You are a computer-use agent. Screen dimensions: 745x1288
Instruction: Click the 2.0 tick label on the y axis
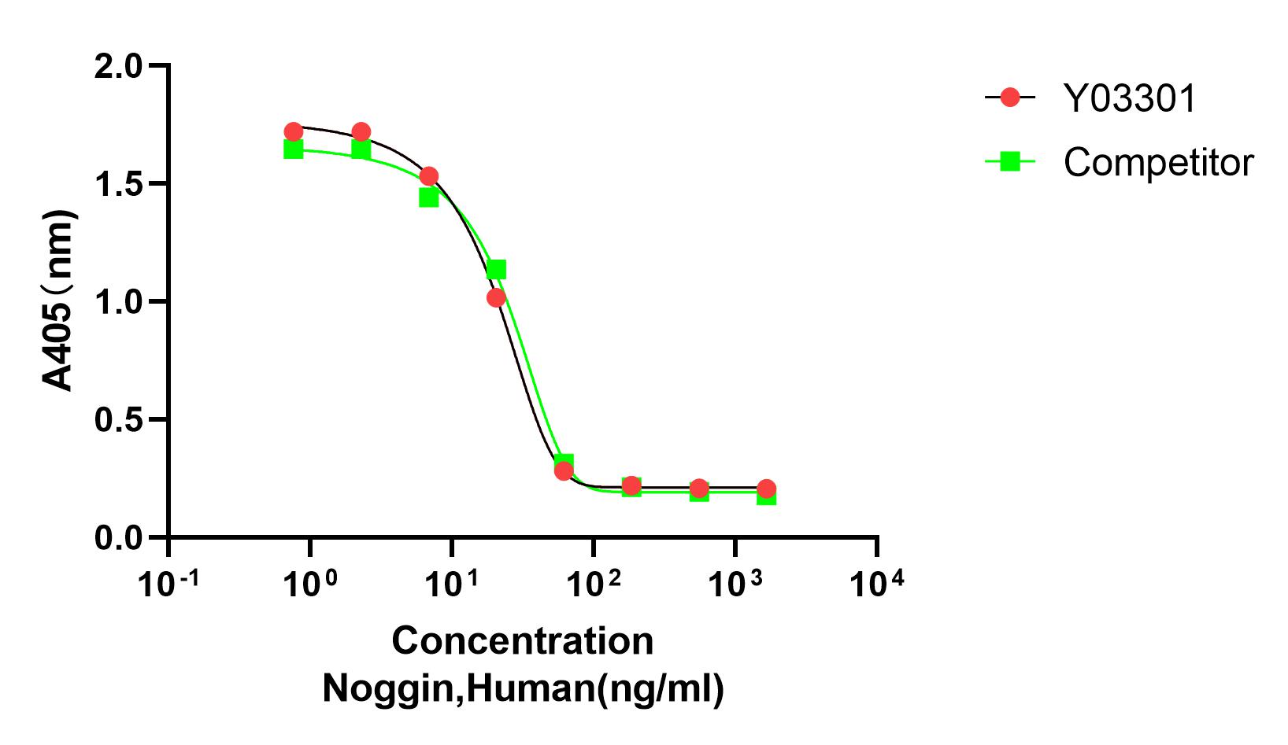tap(117, 66)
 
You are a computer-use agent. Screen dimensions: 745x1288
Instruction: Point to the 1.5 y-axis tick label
tap(117, 184)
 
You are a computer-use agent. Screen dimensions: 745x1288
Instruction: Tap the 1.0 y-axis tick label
tap(117, 302)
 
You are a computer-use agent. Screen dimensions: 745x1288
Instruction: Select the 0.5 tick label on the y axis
tap(117, 420)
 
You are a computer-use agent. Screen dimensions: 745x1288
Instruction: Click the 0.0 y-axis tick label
tap(117, 539)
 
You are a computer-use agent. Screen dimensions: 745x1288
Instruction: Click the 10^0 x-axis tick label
tap(309, 585)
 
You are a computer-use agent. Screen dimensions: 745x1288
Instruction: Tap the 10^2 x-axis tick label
tap(593, 585)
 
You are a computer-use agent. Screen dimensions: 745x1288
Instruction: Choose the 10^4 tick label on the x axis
tap(876, 585)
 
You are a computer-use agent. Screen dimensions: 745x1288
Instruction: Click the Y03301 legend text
tap(1130, 99)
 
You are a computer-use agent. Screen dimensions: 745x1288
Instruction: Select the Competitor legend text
tap(1158, 163)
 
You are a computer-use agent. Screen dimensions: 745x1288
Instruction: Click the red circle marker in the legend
tap(1010, 98)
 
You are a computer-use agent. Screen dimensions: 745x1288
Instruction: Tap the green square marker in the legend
tap(1010, 162)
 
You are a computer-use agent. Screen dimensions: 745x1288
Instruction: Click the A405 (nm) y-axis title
tap(59, 301)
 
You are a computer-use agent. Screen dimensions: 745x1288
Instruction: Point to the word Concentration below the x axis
tap(523, 641)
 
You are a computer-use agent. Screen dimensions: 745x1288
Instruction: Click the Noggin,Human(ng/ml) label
tap(523, 688)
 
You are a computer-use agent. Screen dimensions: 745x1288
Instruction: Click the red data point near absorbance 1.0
tap(496, 297)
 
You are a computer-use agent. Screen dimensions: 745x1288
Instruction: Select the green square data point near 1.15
tap(496, 270)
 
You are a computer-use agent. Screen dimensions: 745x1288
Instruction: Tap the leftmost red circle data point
tap(294, 131)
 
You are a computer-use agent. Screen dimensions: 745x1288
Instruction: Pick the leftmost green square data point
tap(294, 149)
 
